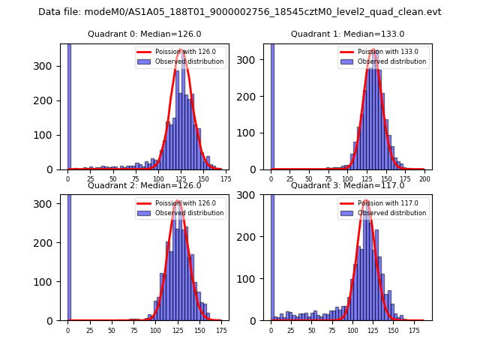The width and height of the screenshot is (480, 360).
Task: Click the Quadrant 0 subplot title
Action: [144, 34]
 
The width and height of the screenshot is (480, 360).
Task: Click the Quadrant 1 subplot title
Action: [347, 34]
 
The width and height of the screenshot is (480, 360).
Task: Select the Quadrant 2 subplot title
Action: [144, 185]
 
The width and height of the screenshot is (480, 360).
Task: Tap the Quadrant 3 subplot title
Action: [347, 185]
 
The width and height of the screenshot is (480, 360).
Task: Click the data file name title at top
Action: [240, 12]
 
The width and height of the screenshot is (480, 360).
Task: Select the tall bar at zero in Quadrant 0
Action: [69, 105]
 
